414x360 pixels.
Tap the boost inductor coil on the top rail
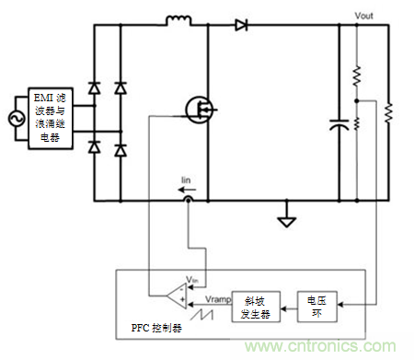pyautogui.click(x=178, y=19)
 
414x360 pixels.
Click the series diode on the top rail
pyautogui.click(x=241, y=25)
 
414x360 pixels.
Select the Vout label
pyautogui.click(x=367, y=17)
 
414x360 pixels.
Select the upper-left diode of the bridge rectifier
pyautogui.click(x=93, y=87)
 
